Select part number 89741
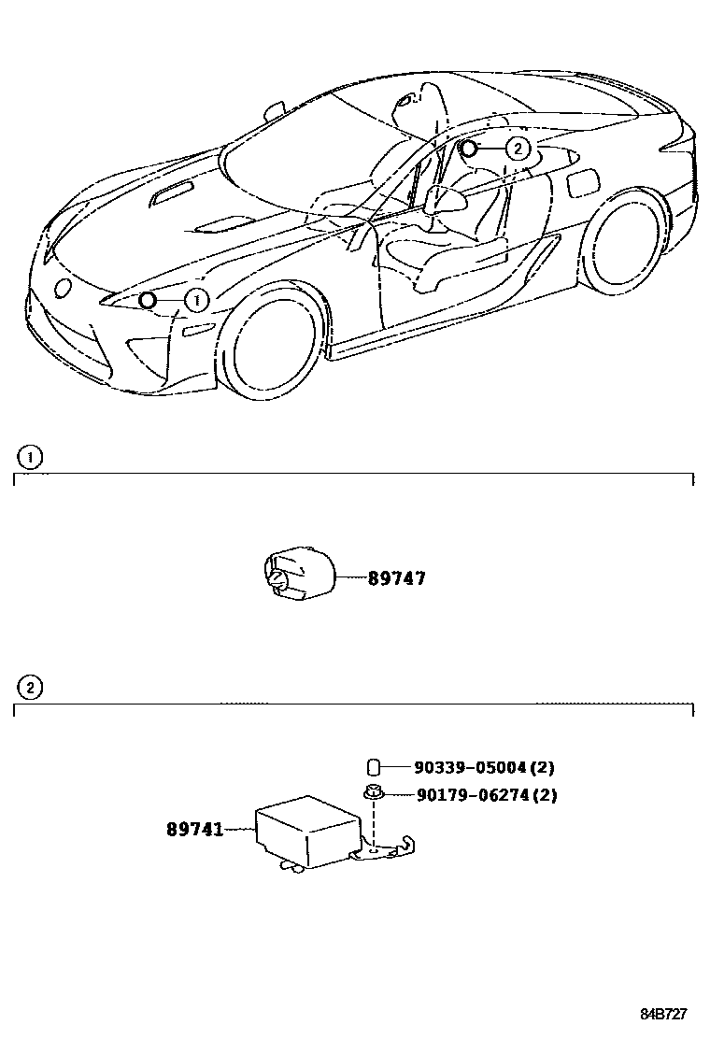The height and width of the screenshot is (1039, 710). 195,829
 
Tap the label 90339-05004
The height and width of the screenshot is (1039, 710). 471,768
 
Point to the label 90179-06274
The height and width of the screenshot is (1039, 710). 471,795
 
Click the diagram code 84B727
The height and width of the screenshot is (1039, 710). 664,1014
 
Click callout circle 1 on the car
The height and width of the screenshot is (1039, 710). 196,300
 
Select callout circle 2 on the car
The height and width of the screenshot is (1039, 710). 518,148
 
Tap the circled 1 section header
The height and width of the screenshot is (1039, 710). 31,457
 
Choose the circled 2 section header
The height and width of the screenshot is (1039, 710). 31,688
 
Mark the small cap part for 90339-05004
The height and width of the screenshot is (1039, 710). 372,768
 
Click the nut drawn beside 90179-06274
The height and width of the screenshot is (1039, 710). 372,794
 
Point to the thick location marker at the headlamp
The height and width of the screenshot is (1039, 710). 147,300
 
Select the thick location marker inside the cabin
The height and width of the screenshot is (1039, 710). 468,148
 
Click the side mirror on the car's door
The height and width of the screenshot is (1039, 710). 445,197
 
